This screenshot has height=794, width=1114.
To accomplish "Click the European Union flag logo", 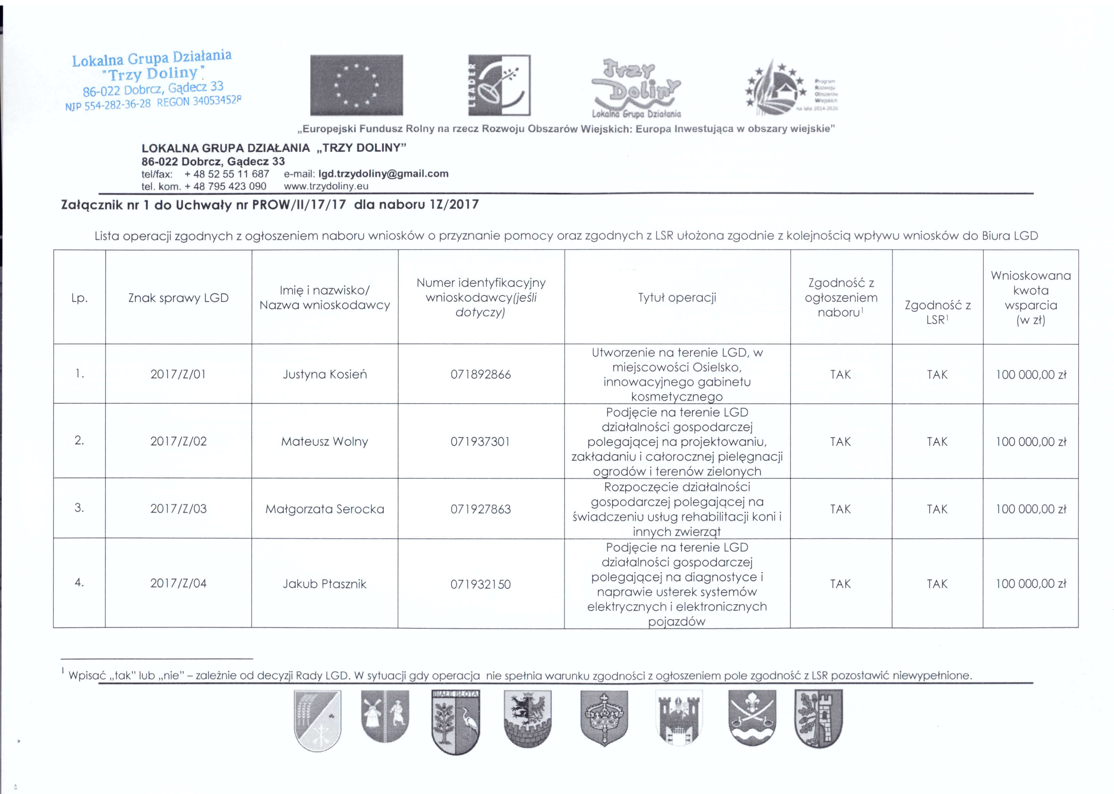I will [x=357, y=85].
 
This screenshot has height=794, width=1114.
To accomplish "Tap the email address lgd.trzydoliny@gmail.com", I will [x=383, y=174].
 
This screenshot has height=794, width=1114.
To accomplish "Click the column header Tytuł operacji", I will [x=677, y=297].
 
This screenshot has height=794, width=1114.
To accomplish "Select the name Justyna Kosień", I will [x=325, y=374].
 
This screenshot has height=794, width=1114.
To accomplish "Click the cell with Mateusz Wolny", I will [x=324, y=441].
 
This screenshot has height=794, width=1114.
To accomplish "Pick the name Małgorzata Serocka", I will [x=325, y=509].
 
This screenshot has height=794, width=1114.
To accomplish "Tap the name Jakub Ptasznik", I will [x=324, y=584].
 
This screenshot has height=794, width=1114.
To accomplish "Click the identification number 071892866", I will [x=481, y=374].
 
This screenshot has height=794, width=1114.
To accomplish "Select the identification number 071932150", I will [x=481, y=584].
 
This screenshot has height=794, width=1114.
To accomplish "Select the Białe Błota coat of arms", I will [x=456, y=721].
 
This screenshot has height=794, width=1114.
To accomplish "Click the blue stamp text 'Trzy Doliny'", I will [x=152, y=74].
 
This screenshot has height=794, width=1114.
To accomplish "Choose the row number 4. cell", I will [x=79, y=582].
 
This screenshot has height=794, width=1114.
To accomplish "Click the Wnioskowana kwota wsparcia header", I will [x=1031, y=297].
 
